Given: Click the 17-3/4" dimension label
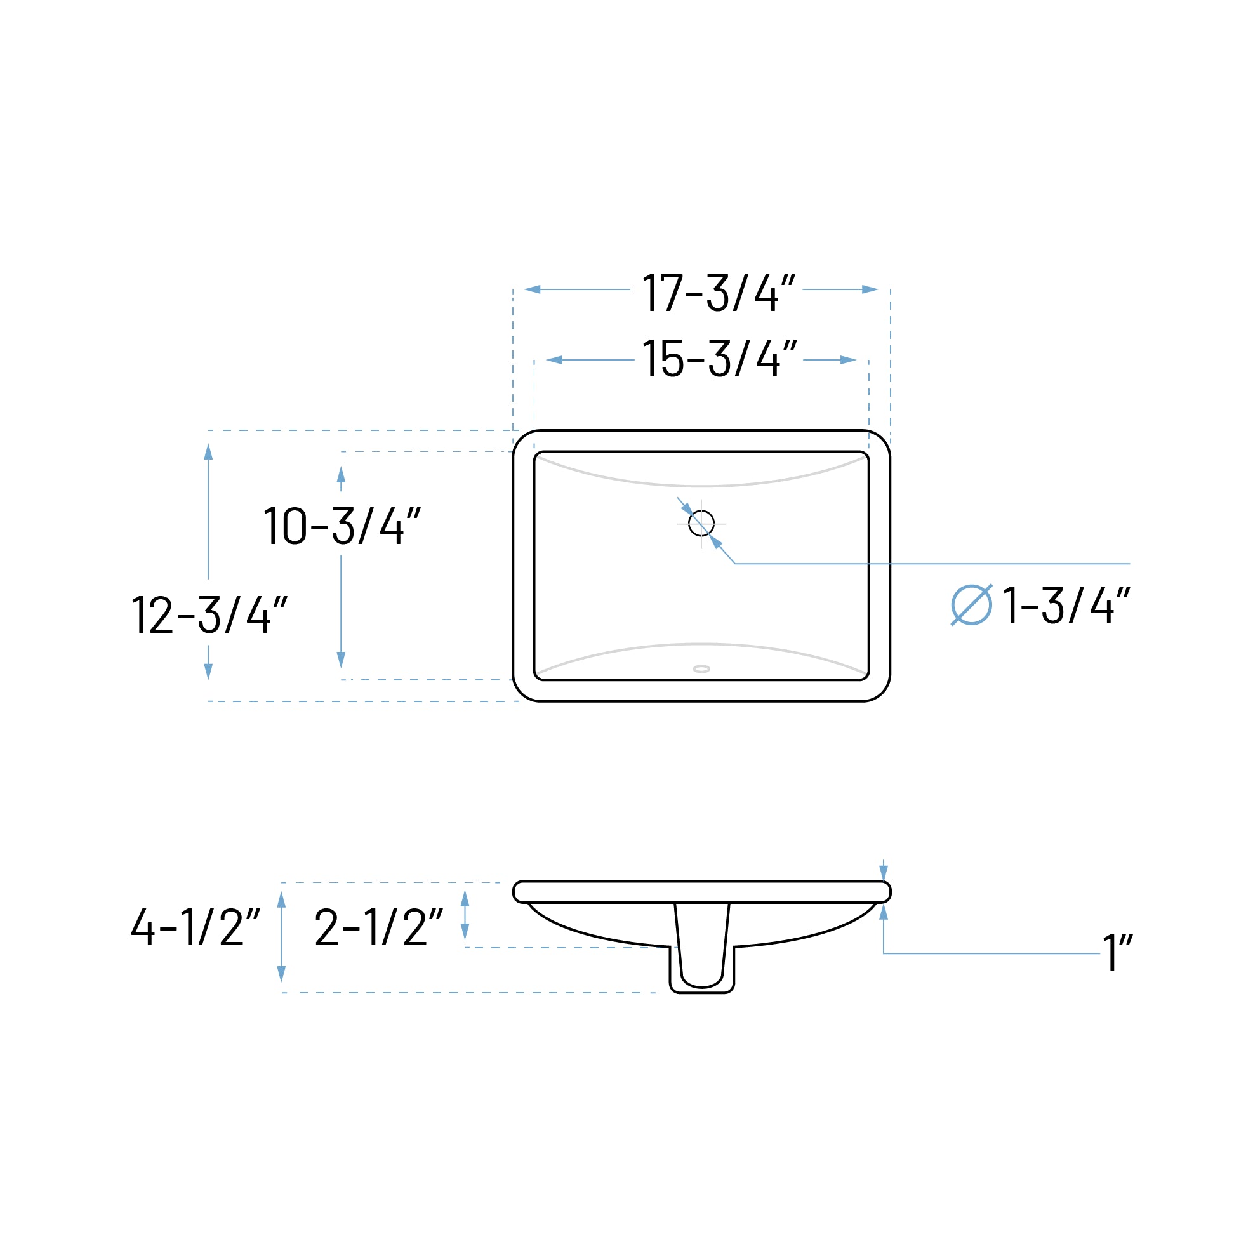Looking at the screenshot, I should [x=718, y=293].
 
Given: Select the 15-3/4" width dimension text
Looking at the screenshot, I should [x=719, y=358].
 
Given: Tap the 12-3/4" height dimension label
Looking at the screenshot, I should [x=209, y=614].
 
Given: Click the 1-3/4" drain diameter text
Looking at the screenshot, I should [x=1066, y=605].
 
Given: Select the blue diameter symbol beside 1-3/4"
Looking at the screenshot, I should [x=971, y=604].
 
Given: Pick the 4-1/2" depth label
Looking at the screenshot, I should [x=195, y=927].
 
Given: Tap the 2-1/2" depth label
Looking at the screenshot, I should [x=378, y=927].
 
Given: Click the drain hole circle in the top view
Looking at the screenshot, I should [x=701, y=523].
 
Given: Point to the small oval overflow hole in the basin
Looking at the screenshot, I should [x=701, y=669].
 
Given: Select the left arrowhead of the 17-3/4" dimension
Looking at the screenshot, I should [x=532, y=289].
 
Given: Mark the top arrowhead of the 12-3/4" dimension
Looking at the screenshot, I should [x=209, y=452].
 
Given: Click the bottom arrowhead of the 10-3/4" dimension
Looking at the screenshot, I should [x=341, y=660].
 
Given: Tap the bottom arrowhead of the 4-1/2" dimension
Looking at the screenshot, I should [x=282, y=974].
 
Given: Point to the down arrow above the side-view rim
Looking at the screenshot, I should [x=884, y=873].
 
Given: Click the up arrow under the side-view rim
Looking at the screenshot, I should [x=884, y=912].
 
